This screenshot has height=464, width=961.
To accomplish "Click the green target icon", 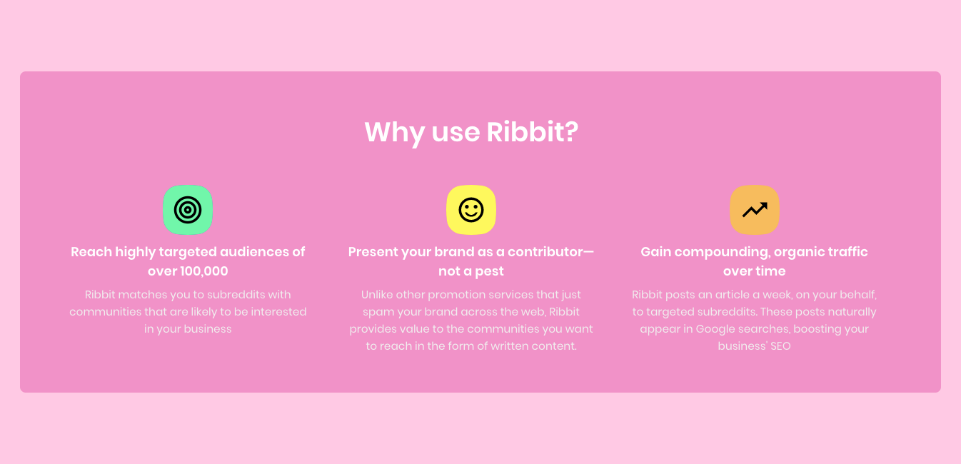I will (x=188, y=210).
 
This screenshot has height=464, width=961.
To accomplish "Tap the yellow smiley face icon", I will (x=471, y=210).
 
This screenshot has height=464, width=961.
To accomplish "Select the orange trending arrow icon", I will (x=755, y=210).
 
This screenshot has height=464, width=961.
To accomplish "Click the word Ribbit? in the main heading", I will (x=532, y=133).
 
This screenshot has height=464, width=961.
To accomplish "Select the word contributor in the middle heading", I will (x=545, y=252).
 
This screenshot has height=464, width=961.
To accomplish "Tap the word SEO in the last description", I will (x=780, y=346).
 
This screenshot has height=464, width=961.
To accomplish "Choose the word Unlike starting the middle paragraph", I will (x=378, y=295).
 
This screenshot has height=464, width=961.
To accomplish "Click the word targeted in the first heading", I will (x=188, y=252).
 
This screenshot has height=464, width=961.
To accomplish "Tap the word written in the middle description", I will (x=496, y=346).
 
